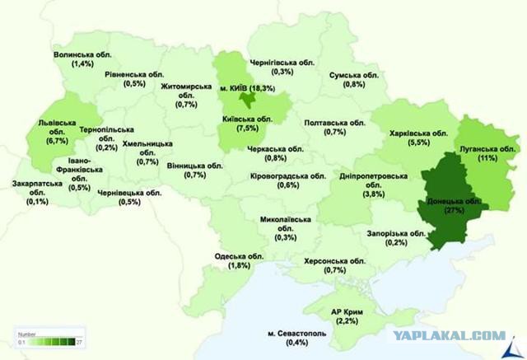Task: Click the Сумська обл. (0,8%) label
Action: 353,79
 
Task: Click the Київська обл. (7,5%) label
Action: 252,124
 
